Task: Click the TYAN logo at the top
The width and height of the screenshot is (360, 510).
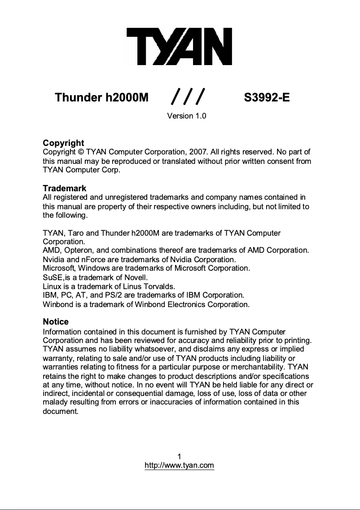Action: point(179,46)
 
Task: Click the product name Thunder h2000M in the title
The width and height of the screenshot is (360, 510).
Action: point(101,97)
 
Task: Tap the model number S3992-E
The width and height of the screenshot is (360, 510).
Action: point(267,97)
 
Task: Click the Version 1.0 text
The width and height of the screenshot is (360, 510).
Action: point(186,116)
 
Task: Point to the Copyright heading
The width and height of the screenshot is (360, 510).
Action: point(63,144)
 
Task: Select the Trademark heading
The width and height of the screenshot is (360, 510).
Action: point(64,188)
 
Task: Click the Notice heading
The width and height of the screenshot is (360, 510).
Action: point(56,321)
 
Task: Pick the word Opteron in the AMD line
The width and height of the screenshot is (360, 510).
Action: point(79,250)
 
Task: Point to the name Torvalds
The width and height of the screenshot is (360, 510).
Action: point(159,286)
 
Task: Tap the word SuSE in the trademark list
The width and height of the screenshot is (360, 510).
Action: point(53,277)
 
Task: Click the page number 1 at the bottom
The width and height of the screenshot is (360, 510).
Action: point(179,457)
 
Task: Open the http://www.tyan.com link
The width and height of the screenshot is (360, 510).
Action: point(179,466)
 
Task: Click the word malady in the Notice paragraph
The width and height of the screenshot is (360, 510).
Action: point(55,402)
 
